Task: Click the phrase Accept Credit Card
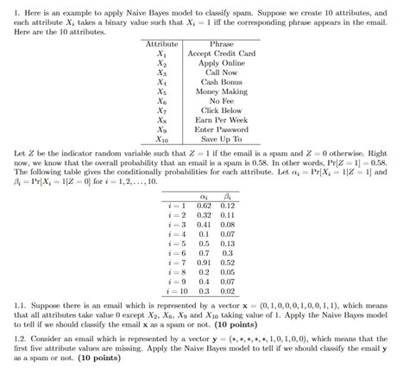click(221, 54)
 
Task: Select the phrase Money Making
click(221, 91)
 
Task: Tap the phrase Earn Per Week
click(221, 118)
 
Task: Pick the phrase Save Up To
click(221, 137)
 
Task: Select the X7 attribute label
click(161, 110)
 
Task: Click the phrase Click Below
click(221, 110)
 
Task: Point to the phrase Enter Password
click(221, 128)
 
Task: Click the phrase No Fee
click(221, 100)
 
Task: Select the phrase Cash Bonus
click(221, 81)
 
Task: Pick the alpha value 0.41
click(204, 202)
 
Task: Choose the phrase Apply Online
click(221, 63)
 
